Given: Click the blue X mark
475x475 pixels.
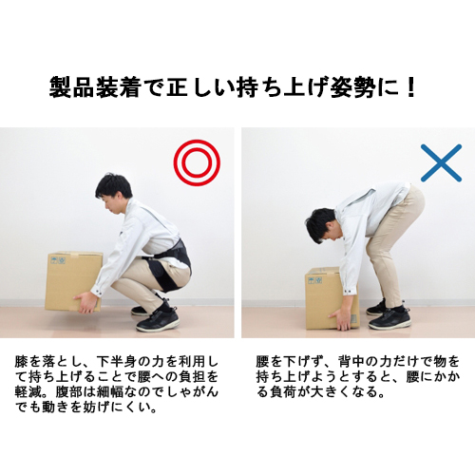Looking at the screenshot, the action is click(441, 163).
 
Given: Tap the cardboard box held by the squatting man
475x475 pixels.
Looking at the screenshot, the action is click(72, 280).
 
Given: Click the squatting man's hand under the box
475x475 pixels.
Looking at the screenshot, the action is click(85, 302).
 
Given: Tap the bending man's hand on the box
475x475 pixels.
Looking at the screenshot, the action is click(340, 319).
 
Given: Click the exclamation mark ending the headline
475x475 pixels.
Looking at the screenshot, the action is click(411, 87).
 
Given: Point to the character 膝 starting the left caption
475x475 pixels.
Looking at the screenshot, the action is click(21, 361).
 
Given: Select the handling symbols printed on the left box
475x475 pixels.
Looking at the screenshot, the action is click(58, 260).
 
